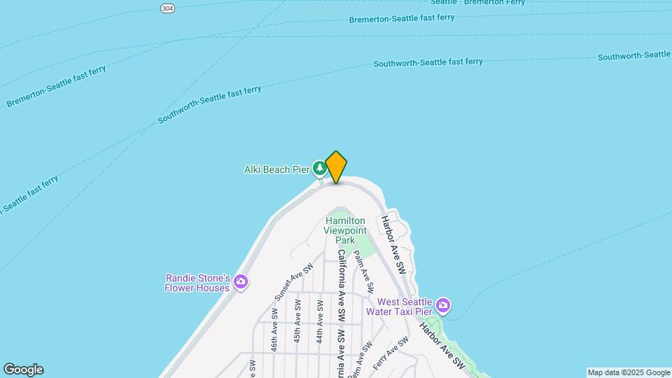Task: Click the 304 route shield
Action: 167,8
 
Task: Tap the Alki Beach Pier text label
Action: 276,169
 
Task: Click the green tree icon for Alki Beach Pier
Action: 319,167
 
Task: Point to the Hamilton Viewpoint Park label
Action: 344,230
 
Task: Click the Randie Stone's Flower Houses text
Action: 197,283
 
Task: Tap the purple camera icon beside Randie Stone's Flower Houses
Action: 241,282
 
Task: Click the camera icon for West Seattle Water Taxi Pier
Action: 442,305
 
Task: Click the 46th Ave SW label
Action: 276,337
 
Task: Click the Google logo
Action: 23,370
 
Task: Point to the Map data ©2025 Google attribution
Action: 629,372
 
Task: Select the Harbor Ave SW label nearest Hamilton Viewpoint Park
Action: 393,244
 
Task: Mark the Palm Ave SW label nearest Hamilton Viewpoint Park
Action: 363,271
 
